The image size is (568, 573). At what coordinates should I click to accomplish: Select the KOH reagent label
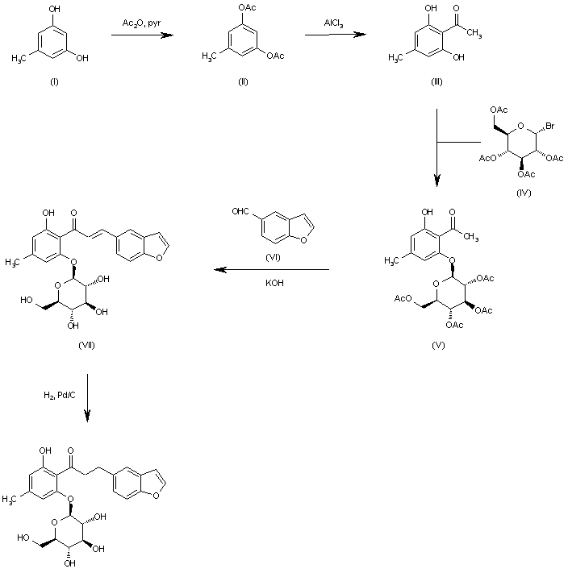point(271,283)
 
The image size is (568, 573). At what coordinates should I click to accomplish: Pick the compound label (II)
point(242,83)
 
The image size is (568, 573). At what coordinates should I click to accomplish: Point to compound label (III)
point(436,83)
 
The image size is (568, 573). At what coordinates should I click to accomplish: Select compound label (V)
point(438,344)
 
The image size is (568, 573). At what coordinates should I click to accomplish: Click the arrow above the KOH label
point(271,270)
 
